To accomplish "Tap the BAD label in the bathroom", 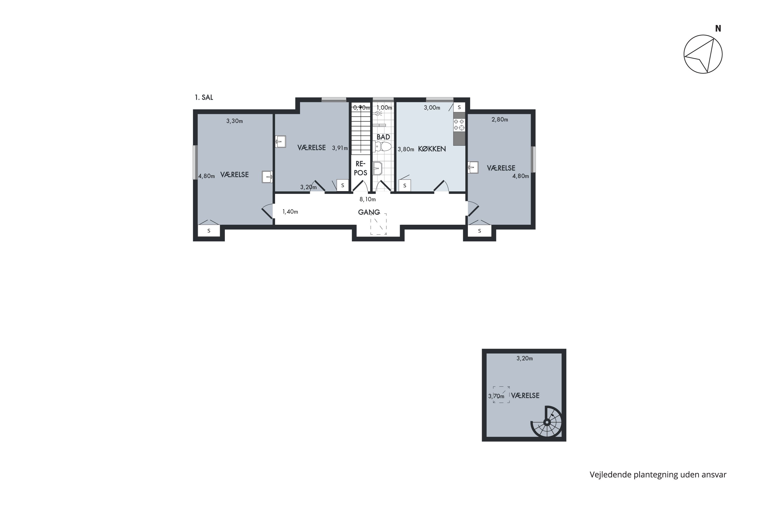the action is [x=383, y=137].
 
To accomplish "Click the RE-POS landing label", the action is [x=361, y=168].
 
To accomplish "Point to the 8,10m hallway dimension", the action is [x=368, y=199].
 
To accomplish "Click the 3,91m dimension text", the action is [x=340, y=148].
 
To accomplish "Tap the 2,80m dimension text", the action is [x=500, y=119].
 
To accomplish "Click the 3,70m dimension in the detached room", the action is [x=496, y=396].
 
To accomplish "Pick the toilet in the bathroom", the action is [x=382, y=147].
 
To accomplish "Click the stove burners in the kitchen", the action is [x=459, y=125].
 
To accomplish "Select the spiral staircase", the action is [x=547, y=422].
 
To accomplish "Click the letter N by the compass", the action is [x=718, y=29].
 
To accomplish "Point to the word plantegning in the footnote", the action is [x=656, y=475].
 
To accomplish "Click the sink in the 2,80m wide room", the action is [x=473, y=167].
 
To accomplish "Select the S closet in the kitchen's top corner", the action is [x=459, y=107].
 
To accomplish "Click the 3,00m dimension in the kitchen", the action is [x=432, y=108].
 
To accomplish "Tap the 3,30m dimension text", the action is [x=234, y=121].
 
